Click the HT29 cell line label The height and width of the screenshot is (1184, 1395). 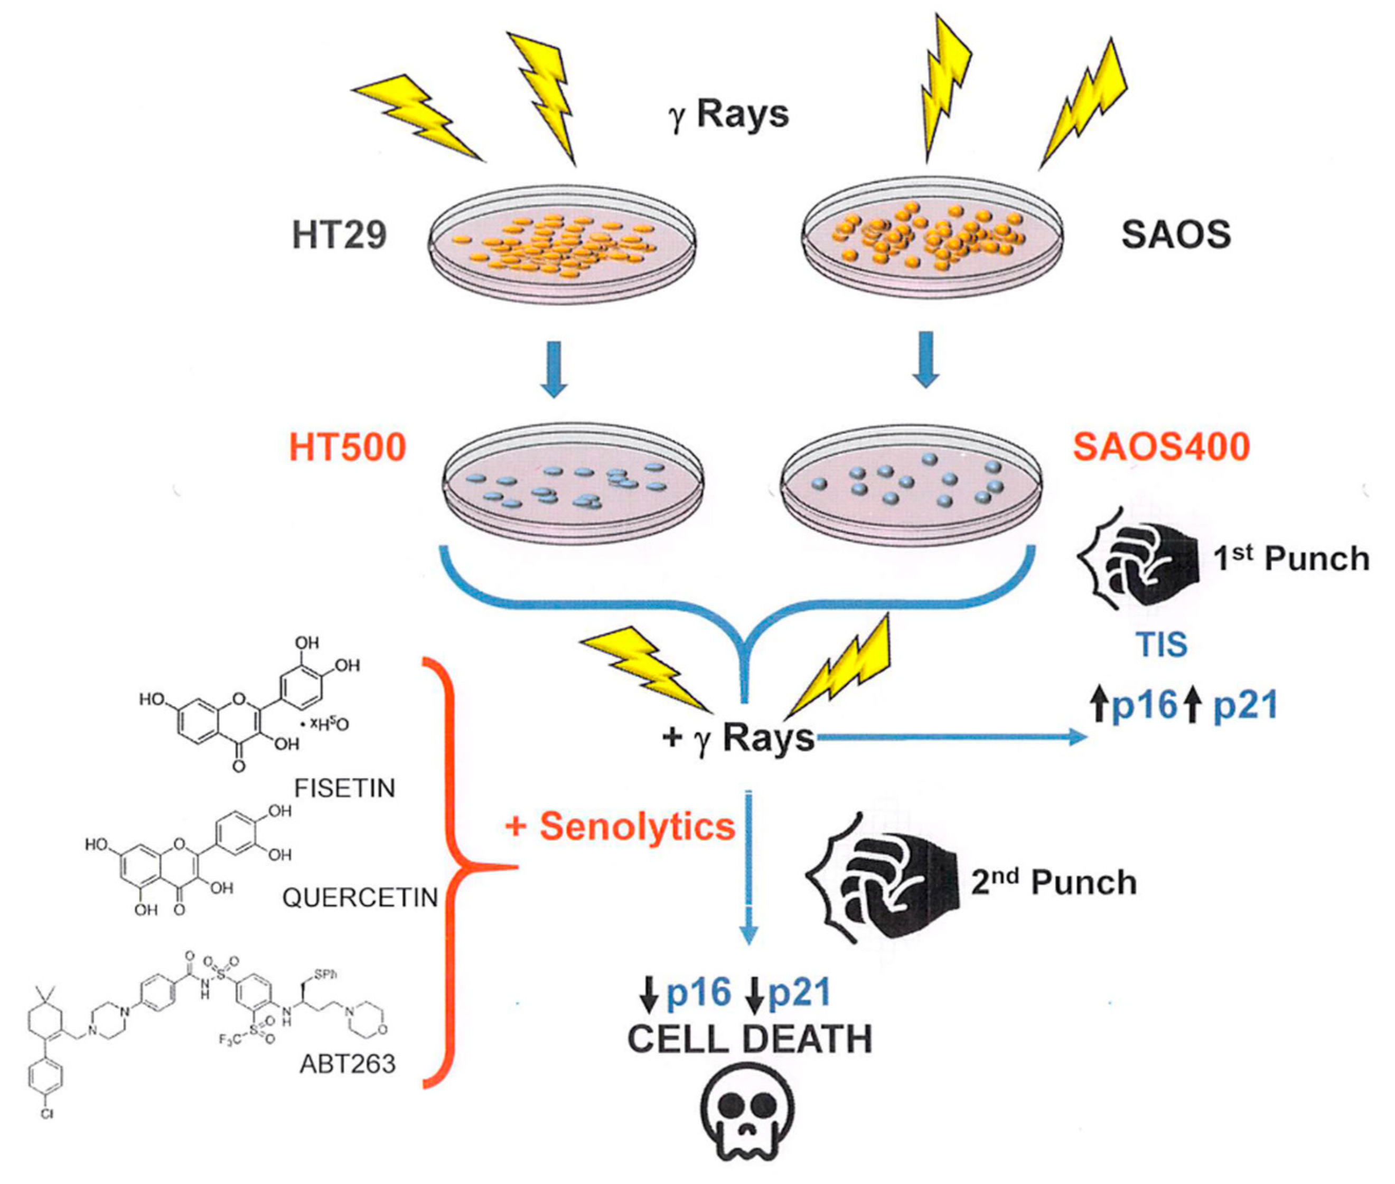click(x=340, y=235)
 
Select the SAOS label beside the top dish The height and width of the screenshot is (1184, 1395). click(x=1176, y=235)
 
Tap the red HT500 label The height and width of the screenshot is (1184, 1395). click(x=348, y=447)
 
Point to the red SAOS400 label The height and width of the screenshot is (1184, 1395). click(x=1161, y=446)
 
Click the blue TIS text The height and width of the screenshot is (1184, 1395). click(x=1162, y=645)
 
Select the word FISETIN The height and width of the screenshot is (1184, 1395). click(x=345, y=787)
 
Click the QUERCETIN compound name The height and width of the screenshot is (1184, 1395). click(x=360, y=898)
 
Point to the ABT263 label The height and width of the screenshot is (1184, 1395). click(x=348, y=1064)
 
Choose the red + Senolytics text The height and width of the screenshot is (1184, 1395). click(x=621, y=826)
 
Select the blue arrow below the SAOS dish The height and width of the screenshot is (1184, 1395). click(x=926, y=359)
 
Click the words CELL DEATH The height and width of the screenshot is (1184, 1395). click(x=750, y=1039)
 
